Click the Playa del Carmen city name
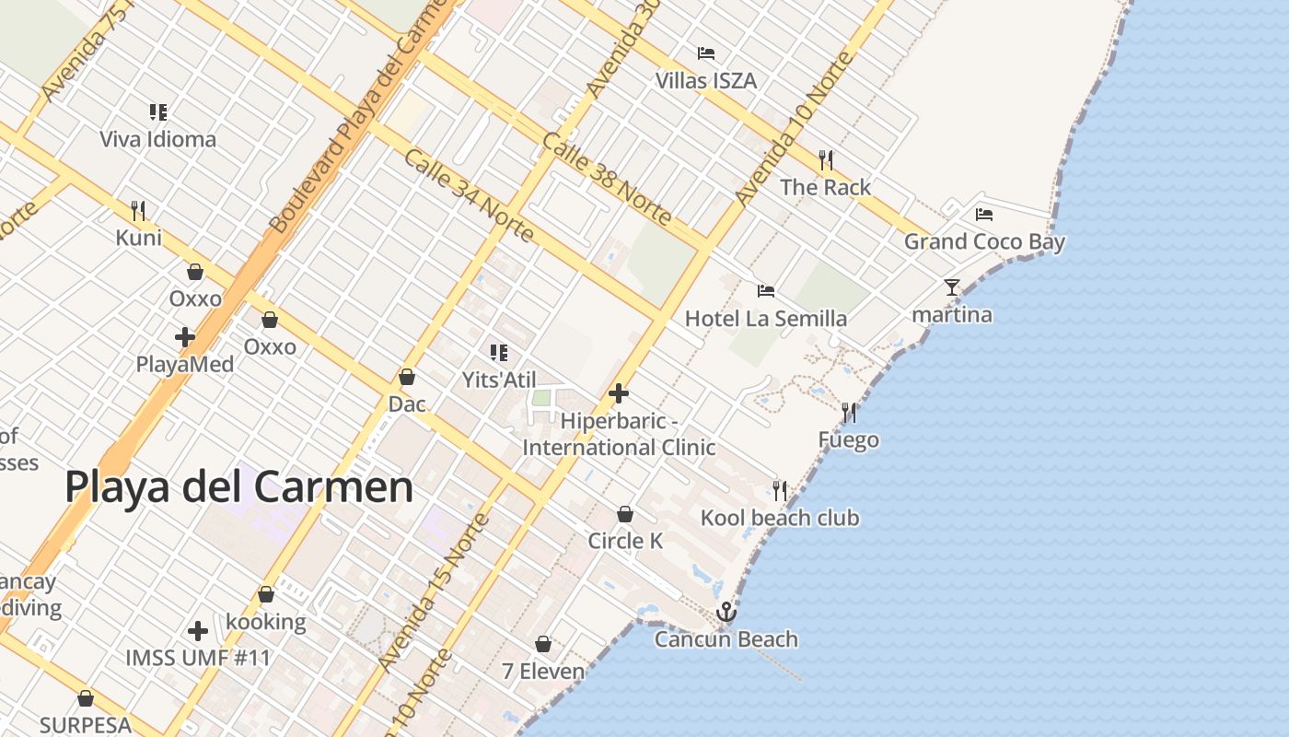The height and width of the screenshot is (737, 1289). (239, 485)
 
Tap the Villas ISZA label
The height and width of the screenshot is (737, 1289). (706, 81)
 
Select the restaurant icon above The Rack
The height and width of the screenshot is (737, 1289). (826, 160)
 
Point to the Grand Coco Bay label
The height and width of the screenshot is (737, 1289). (984, 241)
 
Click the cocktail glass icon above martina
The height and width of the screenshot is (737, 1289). (952, 287)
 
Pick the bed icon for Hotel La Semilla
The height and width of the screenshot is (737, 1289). (766, 291)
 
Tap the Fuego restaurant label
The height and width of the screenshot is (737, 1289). (848, 440)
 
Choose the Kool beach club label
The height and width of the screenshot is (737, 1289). (780, 518)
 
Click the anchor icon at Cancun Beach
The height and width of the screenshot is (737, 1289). (726, 612)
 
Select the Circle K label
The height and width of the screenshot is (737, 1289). (625, 541)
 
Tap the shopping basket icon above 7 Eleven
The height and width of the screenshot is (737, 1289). (543, 644)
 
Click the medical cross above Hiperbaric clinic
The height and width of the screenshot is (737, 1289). (619, 393)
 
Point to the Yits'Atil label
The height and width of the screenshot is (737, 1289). (499, 380)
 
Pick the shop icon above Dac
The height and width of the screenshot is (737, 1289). (407, 377)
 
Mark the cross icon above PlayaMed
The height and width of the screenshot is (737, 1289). (185, 337)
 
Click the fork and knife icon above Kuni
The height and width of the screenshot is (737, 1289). (138, 211)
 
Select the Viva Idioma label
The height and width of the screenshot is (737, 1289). (157, 139)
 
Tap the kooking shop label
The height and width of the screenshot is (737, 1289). (266, 622)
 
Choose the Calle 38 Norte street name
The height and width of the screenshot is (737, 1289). (607, 179)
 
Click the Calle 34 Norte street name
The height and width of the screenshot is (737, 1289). (469, 195)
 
